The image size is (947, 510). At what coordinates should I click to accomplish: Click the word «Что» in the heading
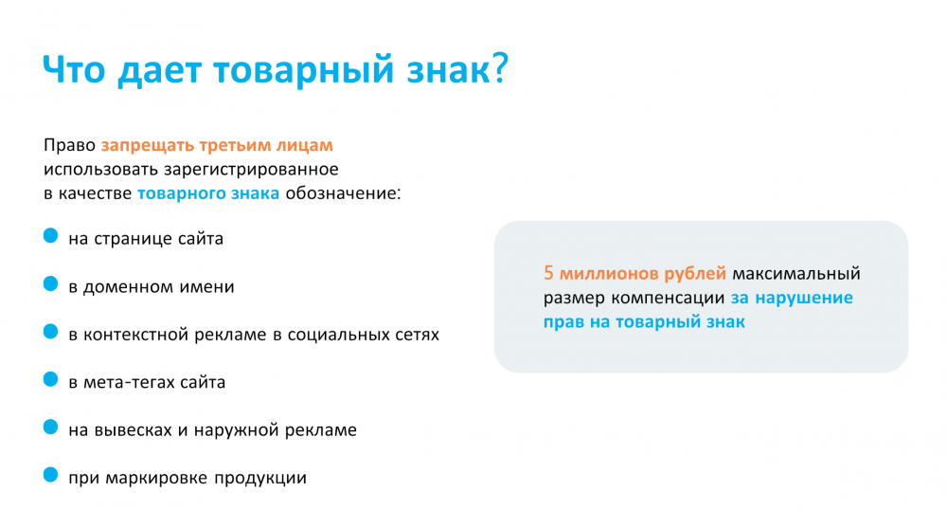point(74,69)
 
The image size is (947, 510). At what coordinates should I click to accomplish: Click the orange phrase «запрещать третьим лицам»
point(217,146)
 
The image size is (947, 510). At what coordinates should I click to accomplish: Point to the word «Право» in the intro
point(69,146)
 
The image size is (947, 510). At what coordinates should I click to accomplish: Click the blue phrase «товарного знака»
point(208,193)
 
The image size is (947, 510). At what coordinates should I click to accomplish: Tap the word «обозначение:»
point(343,193)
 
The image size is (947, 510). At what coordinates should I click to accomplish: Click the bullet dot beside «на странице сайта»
point(51,236)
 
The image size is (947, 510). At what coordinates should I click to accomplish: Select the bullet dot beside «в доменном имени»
point(51,283)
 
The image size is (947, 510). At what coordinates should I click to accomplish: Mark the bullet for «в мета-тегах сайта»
point(51,379)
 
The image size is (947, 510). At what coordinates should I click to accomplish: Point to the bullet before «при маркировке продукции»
point(51,475)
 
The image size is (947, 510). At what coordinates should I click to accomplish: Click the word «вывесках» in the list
point(134,430)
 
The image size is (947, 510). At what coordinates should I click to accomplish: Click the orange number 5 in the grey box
point(548,273)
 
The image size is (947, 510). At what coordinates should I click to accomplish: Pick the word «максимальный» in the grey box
point(796,274)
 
